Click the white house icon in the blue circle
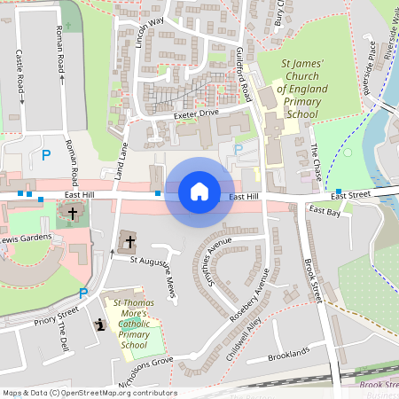[x=199, y=191]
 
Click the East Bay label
[x=324, y=212]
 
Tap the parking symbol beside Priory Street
[x=83, y=293]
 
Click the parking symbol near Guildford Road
[x=238, y=151]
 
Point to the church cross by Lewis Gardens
[x=73, y=214]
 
